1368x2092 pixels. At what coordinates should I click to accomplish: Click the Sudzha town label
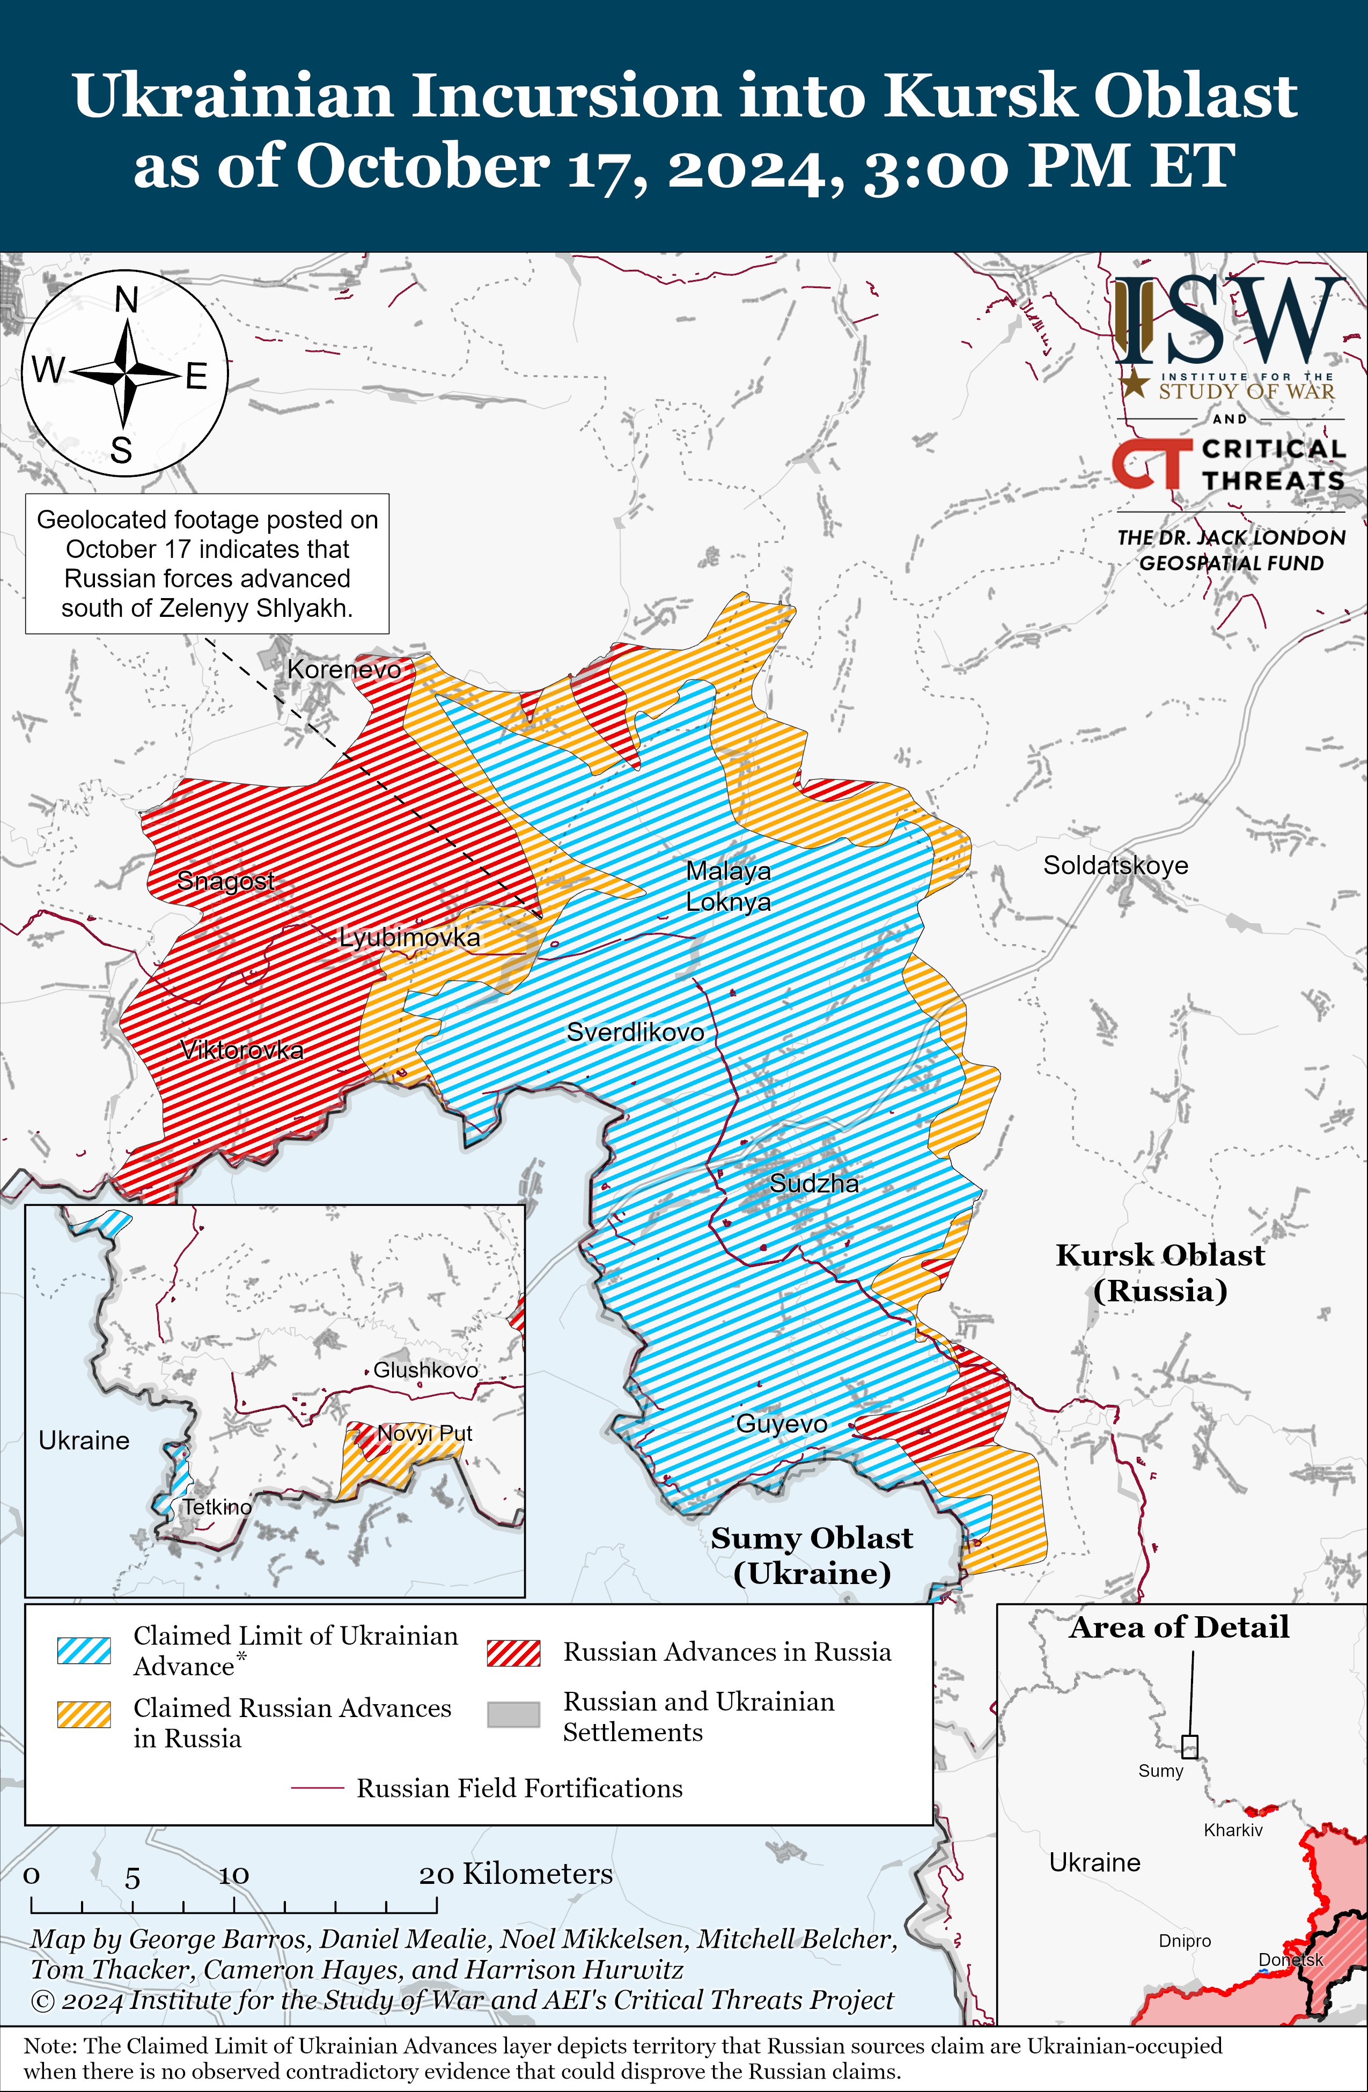click(x=814, y=1183)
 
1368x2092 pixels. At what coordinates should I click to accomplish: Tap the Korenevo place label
click(x=344, y=670)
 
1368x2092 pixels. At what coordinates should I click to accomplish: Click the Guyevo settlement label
click(x=782, y=1424)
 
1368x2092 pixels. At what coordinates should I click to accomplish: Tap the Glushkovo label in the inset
click(x=425, y=1369)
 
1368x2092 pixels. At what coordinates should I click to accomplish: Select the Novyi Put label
click(x=425, y=1434)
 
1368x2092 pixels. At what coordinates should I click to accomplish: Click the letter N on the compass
click(x=127, y=300)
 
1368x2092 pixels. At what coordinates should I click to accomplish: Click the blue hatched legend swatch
click(x=84, y=1651)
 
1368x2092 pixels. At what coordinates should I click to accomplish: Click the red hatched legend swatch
click(x=513, y=1653)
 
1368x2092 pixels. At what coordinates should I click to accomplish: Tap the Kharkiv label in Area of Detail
click(x=1233, y=1830)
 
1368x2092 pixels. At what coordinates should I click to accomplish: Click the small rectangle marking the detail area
click(x=1189, y=1747)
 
